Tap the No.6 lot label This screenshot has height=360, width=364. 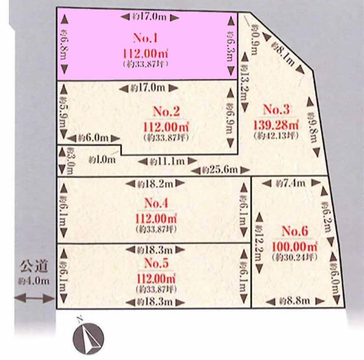pyautogui.click(x=295, y=231)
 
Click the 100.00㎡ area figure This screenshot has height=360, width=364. pyautogui.click(x=295, y=246)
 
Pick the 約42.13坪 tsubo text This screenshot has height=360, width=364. pyautogui.click(x=275, y=136)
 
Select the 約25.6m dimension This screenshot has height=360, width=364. pyautogui.click(x=220, y=169)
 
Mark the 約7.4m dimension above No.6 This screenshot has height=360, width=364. pyautogui.click(x=291, y=183)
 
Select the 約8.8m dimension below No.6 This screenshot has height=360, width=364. pyautogui.click(x=295, y=301)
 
